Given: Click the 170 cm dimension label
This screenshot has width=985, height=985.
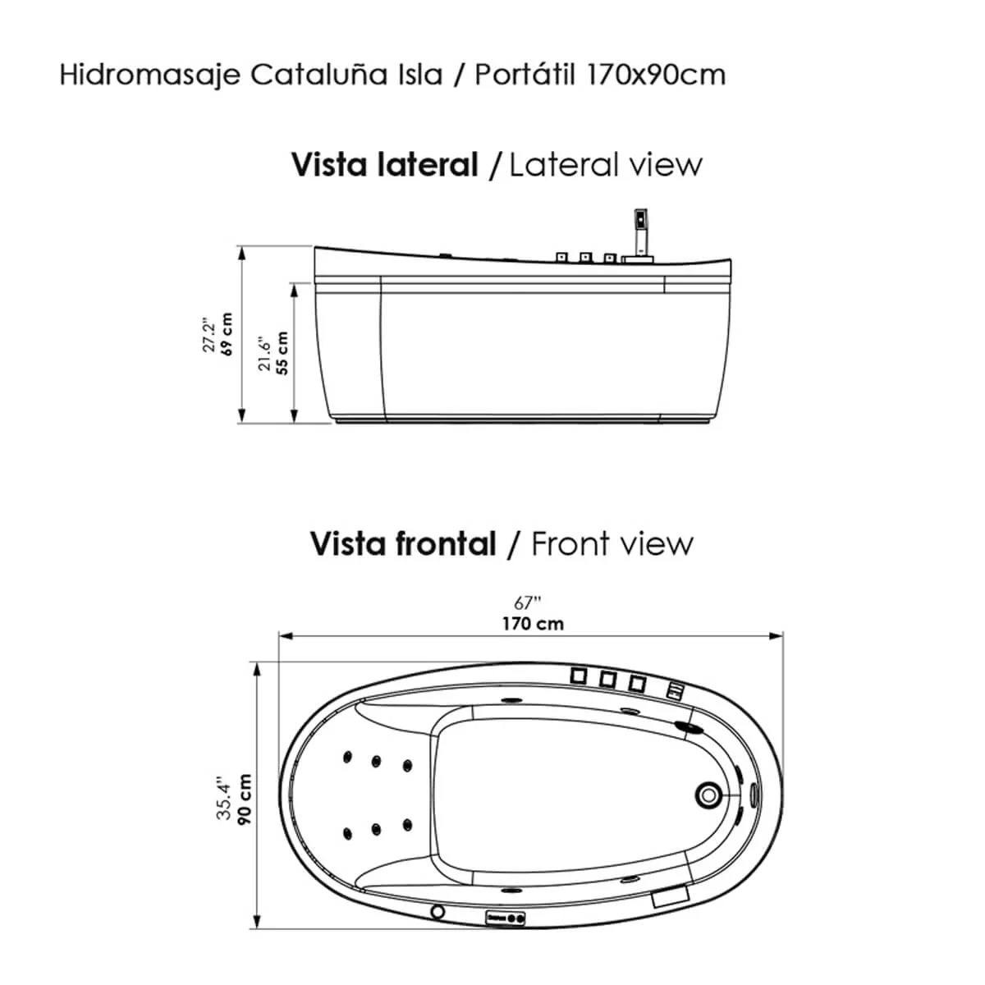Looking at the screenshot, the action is [x=533, y=624].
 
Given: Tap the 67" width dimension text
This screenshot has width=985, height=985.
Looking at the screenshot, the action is [x=527, y=603].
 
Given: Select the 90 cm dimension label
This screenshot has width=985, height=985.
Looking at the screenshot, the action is [x=245, y=799].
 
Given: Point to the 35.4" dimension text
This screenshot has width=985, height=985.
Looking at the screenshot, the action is [x=224, y=799].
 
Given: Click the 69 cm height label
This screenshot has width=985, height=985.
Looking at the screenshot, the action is [x=226, y=334].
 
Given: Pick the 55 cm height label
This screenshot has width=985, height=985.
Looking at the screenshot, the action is [x=282, y=353].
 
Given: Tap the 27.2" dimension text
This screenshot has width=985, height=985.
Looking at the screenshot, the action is [x=208, y=336].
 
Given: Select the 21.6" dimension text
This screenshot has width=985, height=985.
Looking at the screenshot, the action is [x=263, y=353].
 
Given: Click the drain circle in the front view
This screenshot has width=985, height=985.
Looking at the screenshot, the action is [x=708, y=795].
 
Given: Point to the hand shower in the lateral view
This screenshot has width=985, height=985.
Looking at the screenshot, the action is [x=640, y=232].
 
